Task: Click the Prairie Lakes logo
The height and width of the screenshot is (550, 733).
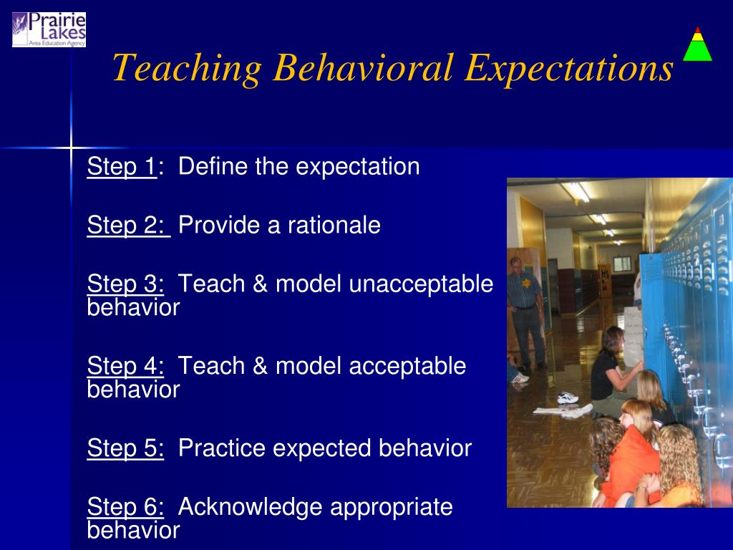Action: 49,29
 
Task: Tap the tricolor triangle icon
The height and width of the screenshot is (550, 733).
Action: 697,44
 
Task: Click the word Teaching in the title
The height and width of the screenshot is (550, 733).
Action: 187,68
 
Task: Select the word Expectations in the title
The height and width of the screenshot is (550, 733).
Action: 569,68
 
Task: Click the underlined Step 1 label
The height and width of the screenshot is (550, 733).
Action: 122,166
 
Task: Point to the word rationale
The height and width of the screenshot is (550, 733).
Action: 334,225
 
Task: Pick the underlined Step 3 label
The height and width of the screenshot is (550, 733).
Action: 125,284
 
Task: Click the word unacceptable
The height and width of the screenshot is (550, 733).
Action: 421,284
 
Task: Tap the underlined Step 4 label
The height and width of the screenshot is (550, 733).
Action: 125,365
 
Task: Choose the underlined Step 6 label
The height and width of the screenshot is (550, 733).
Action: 125,506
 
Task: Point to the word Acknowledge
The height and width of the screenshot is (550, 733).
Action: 250,507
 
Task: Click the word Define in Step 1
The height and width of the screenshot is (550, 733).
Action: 213,166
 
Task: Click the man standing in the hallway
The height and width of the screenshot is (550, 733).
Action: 526,312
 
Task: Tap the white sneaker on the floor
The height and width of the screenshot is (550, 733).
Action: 568,397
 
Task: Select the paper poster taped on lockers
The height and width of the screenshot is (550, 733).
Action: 634,336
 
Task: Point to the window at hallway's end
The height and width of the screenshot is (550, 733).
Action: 622,264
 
